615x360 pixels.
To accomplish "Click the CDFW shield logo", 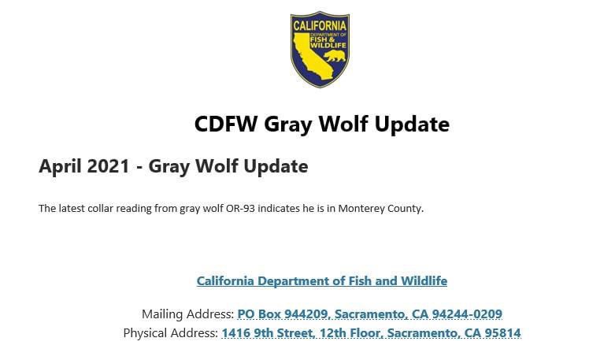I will tap(320, 49).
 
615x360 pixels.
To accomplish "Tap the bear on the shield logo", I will tap(335, 56).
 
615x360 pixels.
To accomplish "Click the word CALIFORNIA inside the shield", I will tap(320, 25).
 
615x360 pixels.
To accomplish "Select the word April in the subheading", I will tap(60, 167).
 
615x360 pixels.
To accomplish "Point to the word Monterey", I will tap(367, 209).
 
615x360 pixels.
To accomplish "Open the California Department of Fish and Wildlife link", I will tap(321, 281).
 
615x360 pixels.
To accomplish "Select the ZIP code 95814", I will tap(502, 333).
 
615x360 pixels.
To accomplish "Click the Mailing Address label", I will tap(187, 314).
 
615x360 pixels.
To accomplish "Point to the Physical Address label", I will tap(170, 333).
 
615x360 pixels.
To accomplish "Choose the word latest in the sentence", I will tap(72, 209).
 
